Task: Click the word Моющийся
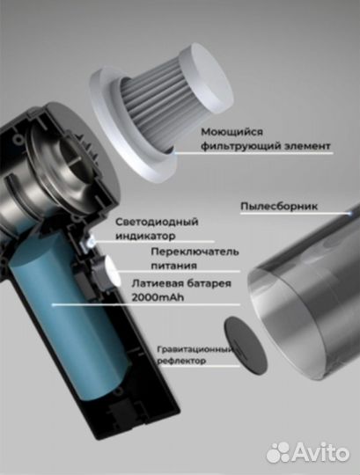tap(231, 132)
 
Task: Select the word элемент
tap(307, 146)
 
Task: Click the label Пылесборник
tap(279, 207)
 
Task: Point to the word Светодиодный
tap(157, 222)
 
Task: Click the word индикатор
tap(145, 236)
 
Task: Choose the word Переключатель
tap(195, 252)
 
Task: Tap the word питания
tap(174, 266)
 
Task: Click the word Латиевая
tap(157, 283)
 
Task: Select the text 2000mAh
tap(158, 297)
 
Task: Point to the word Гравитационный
tap(195, 349)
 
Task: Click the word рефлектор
tap(181, 361)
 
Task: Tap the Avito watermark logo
tap(307, 453)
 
